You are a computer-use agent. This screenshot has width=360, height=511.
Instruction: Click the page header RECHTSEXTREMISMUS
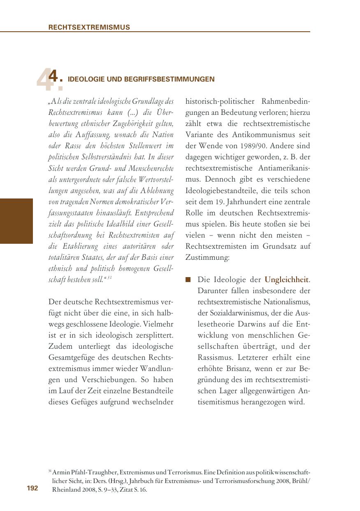[89, 28]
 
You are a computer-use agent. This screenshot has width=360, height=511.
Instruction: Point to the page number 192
[33, 488]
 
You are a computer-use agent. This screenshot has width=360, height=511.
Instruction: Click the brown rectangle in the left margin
[16, 221]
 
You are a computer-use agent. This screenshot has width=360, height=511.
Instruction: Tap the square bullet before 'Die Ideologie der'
[188, 280]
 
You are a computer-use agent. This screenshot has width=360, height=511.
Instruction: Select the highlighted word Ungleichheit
[287, 280]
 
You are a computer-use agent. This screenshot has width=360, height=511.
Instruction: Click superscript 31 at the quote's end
[110, 278]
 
